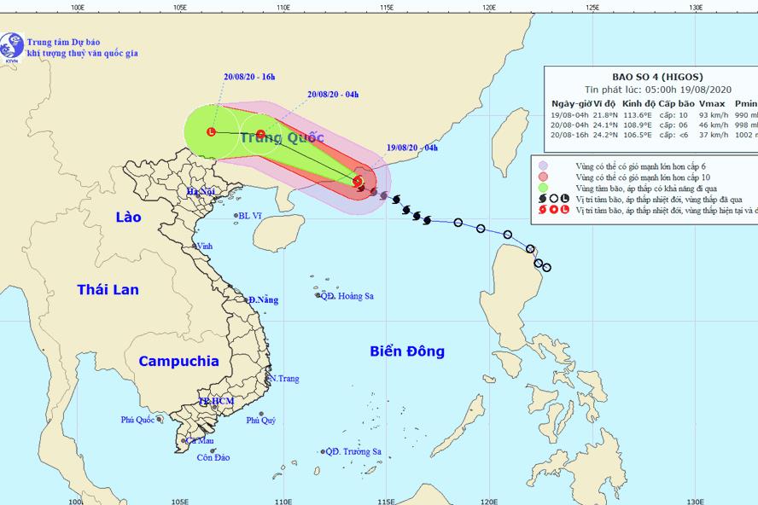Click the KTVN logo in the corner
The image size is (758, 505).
tap(12, 44)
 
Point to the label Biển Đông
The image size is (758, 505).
tap(407, 351)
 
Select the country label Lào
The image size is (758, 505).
tap(128, 218)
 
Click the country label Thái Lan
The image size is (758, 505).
tap(108, 290)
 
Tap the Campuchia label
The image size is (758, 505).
tap(179, 361)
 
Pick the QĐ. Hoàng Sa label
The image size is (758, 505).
tap(347, 296)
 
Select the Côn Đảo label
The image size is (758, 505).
tap(213, 458)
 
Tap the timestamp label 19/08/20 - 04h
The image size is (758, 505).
tap(412, 148)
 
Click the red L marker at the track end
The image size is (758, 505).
tap(211, 131)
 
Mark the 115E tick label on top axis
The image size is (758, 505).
tap(386, 7)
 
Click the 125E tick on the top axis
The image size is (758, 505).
tap(592, 7)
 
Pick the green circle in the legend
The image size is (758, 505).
tap(543, 187)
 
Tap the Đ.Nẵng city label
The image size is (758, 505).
tap(263, 300)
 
